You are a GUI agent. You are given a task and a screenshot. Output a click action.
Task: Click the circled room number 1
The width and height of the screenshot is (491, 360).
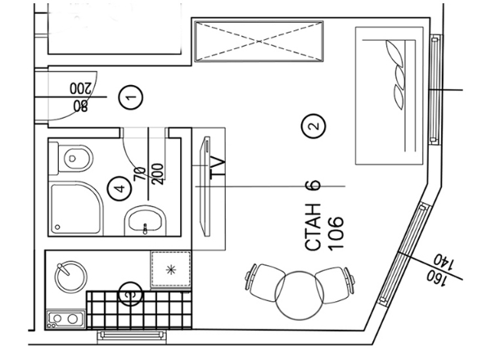point(130,97)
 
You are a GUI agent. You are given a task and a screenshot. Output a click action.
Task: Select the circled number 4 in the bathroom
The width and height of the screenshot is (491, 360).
point(119,189)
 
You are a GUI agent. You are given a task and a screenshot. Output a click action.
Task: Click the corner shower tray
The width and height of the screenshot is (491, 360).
point(73,208)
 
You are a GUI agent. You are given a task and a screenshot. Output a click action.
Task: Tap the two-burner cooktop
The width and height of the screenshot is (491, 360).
point(65,317)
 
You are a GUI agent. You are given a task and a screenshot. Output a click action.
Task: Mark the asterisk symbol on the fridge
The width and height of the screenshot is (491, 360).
point(170,268)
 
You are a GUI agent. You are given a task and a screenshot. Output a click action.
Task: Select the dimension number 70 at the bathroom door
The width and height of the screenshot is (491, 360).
point(138,174)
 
